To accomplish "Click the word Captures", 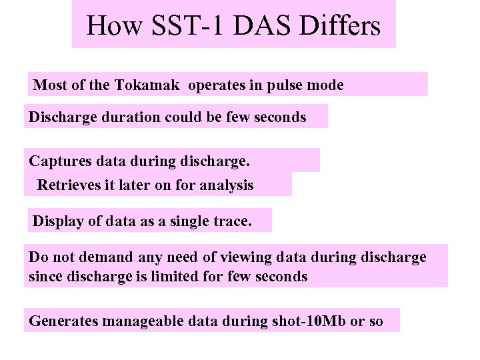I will [x=61, y=161].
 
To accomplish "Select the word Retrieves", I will [x=68, y=185].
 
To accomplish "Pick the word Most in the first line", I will [x=48, y=85].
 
